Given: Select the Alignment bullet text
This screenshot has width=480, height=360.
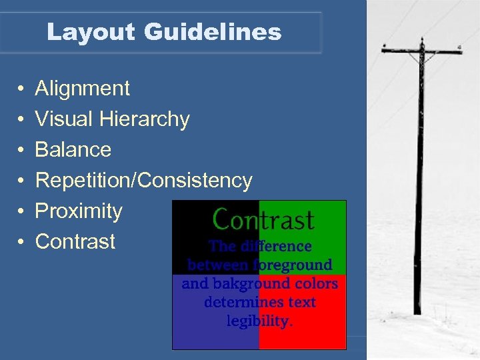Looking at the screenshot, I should click(82, 88).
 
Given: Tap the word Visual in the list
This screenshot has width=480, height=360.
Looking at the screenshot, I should click(63, 119).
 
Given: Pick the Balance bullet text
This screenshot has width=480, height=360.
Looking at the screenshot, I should click(73, 149).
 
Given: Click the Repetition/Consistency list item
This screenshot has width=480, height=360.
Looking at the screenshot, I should click(143, 180).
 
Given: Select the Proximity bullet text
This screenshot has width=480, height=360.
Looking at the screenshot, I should click(79, 211).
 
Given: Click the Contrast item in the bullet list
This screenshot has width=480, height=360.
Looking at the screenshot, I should click(75, 241).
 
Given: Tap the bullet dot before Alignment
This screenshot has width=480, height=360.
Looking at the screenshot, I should click(21, 89).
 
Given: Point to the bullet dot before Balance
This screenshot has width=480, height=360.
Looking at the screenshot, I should click(21, 150).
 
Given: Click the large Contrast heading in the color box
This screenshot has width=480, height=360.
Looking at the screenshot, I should click(263, 219).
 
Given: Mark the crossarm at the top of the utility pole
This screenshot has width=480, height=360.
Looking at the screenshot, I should click(421, 50).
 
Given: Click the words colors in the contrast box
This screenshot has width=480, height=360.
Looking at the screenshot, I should click(313, 283).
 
